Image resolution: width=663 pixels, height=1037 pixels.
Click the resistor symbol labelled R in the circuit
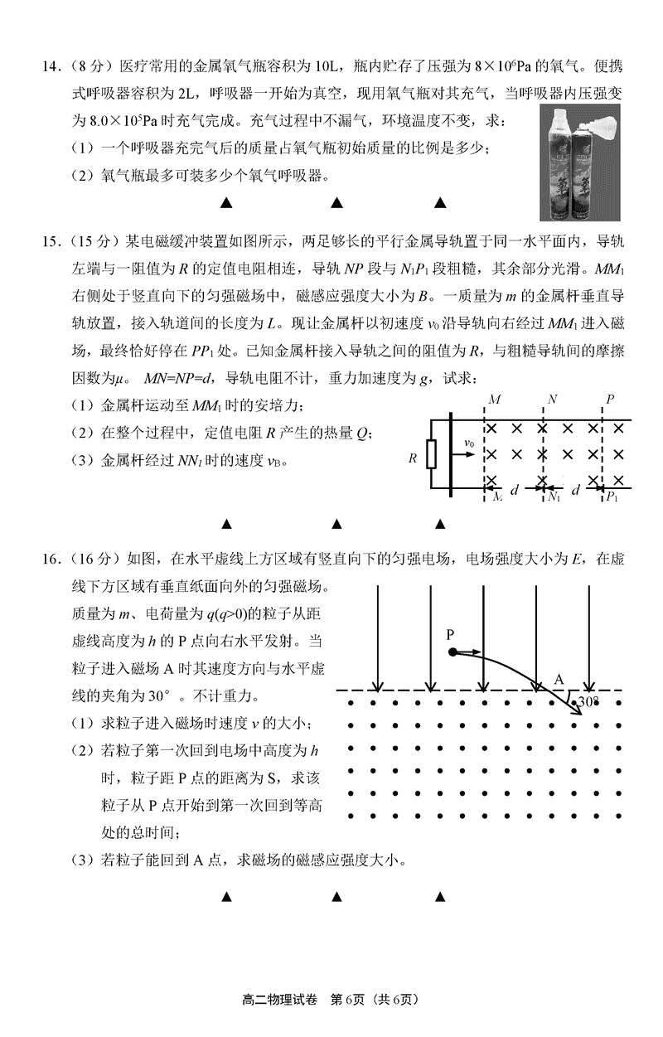point(431,455)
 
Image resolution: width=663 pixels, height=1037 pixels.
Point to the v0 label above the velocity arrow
point(469,443)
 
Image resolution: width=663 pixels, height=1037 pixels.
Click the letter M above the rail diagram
point(495,400)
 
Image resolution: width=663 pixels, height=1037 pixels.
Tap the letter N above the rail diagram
point(552,400)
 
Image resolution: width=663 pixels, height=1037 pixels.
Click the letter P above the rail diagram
point(609,400)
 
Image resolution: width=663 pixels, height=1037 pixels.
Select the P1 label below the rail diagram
point(612,497)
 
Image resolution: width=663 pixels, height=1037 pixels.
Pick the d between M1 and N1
point(515,490)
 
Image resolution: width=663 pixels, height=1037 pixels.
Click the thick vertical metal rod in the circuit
point(450,455)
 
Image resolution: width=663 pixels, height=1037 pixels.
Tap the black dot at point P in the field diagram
point(452,652)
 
